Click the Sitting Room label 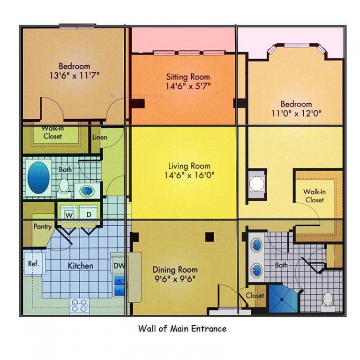pos(188,77)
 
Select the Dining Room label pos(175,270)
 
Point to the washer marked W pos(68,214)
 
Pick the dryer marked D pos(89,214)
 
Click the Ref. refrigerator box pos(33,264)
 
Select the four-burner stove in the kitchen pos(80,306)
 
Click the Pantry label pos(42,226)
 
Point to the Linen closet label pos(99,138)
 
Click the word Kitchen pos(81,266)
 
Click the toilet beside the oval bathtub pos(64,186)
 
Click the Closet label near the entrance pos(255,296)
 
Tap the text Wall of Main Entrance pos(182,329)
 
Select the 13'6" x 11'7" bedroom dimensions pos(74,75)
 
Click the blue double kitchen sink pos(119,285)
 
